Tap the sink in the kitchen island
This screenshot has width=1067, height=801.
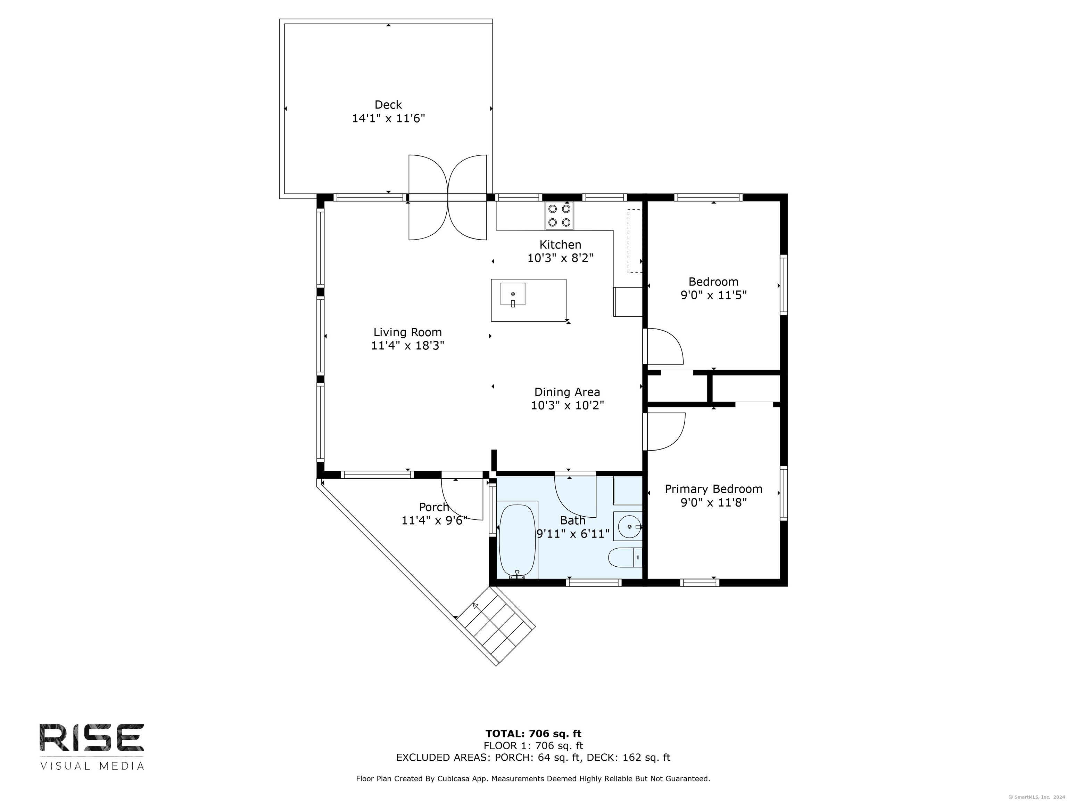coord(513,294)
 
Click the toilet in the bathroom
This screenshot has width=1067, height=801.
coord(626,558)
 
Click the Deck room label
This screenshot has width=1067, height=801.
coord(388,105)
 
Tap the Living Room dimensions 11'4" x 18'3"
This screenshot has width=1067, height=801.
coord(408,346)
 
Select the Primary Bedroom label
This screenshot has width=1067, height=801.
coord(713,489)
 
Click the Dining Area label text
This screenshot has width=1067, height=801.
coord(567,392)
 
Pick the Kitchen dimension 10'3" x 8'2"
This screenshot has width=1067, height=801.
coord(560,258)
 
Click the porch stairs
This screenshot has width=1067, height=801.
coord(496,626)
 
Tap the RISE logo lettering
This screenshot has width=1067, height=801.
coord(92,737)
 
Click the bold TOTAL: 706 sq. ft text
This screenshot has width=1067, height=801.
coord(533,734)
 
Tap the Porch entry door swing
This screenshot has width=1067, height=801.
coord(462,499)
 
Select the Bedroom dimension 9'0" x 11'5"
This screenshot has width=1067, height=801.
coord(713,295)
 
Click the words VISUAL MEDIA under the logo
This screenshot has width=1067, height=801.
coord(92,766)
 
